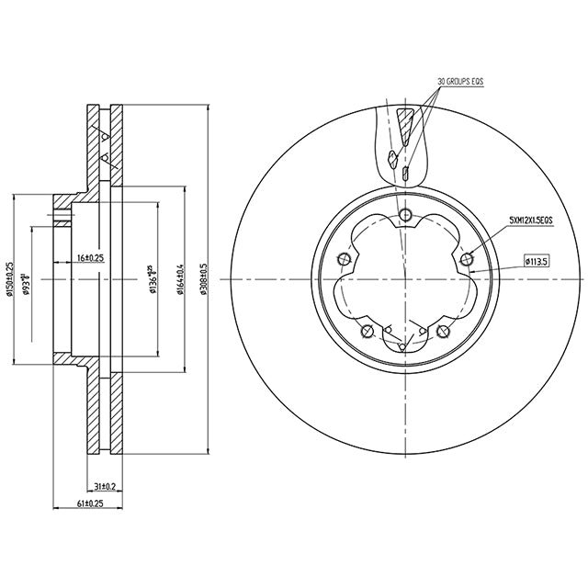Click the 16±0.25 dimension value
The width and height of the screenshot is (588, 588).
coord(90,258)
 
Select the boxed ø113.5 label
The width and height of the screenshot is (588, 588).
coord(537,261)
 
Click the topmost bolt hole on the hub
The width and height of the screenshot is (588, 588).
coord(404,215)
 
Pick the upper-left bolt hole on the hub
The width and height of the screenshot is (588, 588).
coord(344,260)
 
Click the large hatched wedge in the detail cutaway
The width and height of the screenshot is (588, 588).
coord(406,123)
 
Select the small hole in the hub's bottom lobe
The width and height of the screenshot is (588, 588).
coord(404,346)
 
